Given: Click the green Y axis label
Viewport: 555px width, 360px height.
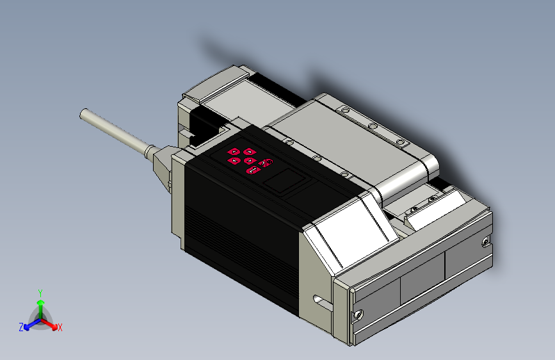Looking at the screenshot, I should point(40,291).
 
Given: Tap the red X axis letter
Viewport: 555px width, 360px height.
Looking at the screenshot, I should point(60,327).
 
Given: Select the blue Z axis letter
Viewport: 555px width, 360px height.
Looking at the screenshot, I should point(21,327).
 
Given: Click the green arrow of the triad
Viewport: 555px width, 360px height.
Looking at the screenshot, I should point(40,304).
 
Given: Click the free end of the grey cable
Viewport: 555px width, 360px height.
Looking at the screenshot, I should point(83,114).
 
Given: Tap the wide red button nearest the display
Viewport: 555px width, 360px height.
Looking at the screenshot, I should point(254,170).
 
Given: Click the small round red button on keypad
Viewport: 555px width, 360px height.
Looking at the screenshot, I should point(268,161).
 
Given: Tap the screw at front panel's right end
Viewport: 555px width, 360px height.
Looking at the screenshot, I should point(485,241).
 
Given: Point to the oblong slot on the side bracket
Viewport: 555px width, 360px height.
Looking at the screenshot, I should point(318,299).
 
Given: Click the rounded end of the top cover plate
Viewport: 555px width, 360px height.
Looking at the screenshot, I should point(430,167).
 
